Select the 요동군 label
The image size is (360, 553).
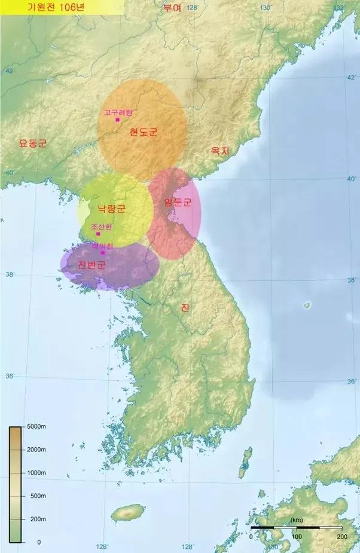tap(33, 143)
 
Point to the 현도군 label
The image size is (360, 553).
tap(144, 132)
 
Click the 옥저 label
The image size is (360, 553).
tap(220, 151)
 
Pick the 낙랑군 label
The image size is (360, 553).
tap(112, 209)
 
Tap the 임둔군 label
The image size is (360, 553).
tap(178, 202)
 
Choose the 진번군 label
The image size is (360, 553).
tap(91, 265)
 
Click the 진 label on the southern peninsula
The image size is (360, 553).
tap(185, 308)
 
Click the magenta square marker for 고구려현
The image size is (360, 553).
tap(118, 120)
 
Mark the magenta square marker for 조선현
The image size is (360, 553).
tap(98, 234)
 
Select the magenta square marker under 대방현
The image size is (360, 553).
tap(103, 252)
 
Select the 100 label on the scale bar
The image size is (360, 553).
tap(296, 537)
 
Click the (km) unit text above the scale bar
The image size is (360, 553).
tap(297, 520)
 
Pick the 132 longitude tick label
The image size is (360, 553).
tap(339, 7)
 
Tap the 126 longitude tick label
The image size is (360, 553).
tap(102, 546)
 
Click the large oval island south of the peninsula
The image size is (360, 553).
tap(128, 512)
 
